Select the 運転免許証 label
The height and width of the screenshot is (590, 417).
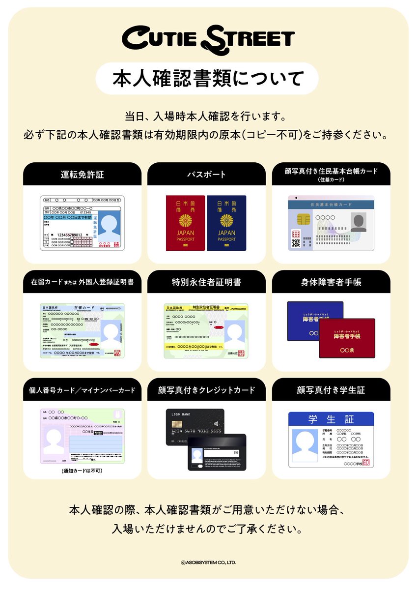[x=82, y=174]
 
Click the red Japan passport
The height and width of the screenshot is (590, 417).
[x=185, y=223]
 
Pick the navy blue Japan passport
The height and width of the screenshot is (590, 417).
[x=226, y=223]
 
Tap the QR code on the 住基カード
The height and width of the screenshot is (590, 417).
[x=296, y=242]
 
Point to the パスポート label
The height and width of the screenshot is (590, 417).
[x=206, y=174]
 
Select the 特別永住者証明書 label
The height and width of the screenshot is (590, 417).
[x=206, y=282]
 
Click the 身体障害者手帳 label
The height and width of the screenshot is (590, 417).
[x=331, y=282]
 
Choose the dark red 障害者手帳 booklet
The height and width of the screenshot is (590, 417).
[x=347, y=338]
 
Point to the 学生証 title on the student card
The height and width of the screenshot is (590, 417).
[x=331, y=419]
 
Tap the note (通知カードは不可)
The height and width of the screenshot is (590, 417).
[x=82, y=471]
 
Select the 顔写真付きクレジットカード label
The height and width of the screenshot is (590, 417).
[x=206, y=390]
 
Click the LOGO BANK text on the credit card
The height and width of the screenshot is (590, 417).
[x=181, y=414]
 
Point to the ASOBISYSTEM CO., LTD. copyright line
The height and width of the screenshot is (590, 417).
[x=208, y=561]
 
